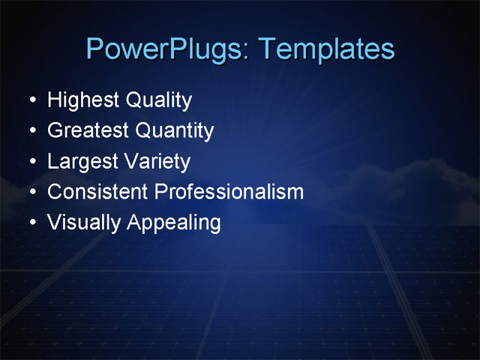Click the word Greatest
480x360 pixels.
point(88,130)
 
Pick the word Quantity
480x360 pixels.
point(175,131)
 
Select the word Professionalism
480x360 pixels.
point(229,192)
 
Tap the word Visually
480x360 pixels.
point(83,223)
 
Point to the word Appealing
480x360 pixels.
point(174,223)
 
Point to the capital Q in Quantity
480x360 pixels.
point(142,131)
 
